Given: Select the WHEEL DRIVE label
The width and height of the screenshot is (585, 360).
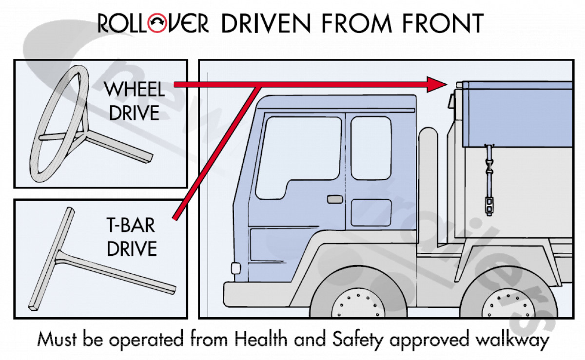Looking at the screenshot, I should pos(134,101).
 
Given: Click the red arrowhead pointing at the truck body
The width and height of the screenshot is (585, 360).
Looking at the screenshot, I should pos(435,84).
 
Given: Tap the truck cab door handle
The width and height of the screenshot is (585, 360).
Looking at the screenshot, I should pos(334,199).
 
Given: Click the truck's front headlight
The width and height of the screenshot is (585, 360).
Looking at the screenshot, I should pos(235,268).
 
